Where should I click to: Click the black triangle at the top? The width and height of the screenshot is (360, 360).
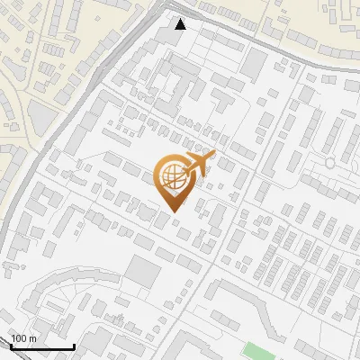tap(180, 24)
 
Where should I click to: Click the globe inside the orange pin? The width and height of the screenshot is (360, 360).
tap(171, 178)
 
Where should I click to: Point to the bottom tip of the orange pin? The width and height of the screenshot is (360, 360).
tap(174, 211)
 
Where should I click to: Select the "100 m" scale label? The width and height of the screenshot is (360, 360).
tap(23, 338)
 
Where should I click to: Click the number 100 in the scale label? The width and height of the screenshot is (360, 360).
tap(20, 338)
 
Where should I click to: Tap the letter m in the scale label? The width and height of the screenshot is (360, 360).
tap(32, 338)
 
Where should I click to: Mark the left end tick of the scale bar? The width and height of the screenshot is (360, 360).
tap(12, 345)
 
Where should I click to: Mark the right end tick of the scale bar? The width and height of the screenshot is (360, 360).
tap(73, 345)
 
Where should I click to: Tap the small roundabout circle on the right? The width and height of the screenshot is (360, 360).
tap(330, 162)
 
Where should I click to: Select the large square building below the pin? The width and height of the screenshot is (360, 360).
tap(143, 270)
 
